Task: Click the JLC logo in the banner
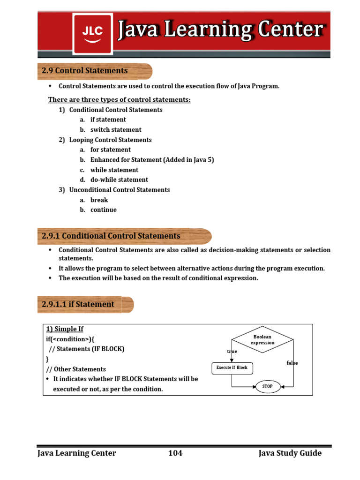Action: tap(92, 33)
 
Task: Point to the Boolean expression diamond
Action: tap(262, 340)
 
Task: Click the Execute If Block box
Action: tap(232, 368)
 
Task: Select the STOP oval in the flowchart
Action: tap(268, 386)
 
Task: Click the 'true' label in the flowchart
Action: tap(232, 352)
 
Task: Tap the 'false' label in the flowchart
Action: tap(292, 363)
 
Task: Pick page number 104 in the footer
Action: tap(175, 453)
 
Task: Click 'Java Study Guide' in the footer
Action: tap(290, 453)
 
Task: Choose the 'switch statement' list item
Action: tap(116, 130)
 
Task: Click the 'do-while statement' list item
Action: tap(119, 180)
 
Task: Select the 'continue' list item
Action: tap(104, 210)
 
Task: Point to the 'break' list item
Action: tap(99, 200)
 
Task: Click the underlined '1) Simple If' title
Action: tap(65, 329)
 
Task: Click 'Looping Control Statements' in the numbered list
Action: tap(111, 140)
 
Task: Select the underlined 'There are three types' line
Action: tap(120, 100)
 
